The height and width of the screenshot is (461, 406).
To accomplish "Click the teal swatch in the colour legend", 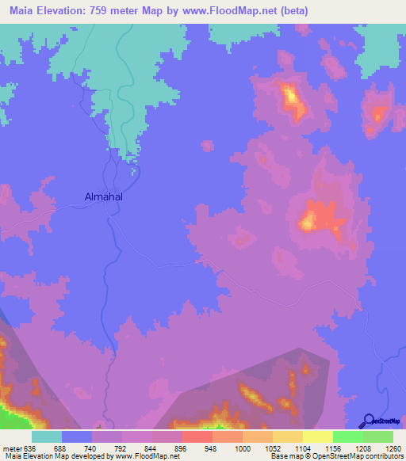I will [47, 436].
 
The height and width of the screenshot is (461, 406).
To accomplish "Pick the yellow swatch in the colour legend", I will [318, 436].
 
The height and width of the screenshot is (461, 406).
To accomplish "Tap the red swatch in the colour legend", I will [197, 436].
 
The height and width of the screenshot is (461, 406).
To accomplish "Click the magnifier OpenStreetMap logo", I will [367, 421].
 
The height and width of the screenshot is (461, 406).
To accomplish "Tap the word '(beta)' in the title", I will [291, 11].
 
